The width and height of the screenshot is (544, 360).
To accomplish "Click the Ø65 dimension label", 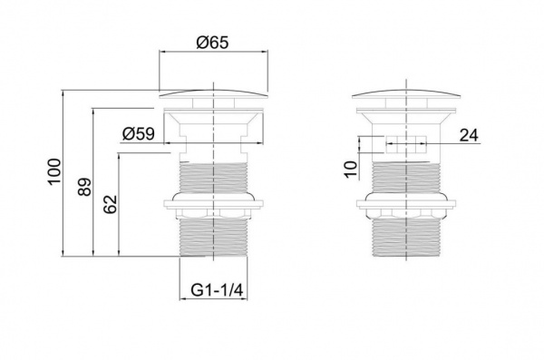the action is click(x=213, y=43).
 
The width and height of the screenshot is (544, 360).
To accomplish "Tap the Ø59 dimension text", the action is click(x=139, y=133).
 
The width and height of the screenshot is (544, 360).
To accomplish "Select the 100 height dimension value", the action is click(x=54, y=172).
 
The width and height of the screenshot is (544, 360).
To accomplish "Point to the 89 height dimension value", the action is click(x=84, y=187).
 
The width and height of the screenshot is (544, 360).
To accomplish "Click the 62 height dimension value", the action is click(x=111, y=204).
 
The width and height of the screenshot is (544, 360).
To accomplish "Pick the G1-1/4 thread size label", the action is click(x=217, y=290).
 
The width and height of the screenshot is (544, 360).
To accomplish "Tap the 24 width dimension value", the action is click(x=469, y=135).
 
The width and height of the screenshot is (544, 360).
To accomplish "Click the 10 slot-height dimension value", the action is click(x=351, y=169).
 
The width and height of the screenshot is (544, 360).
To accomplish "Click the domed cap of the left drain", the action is click(x=213, y=94).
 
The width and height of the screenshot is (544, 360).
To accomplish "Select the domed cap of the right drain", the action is click(x=406, y=94).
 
